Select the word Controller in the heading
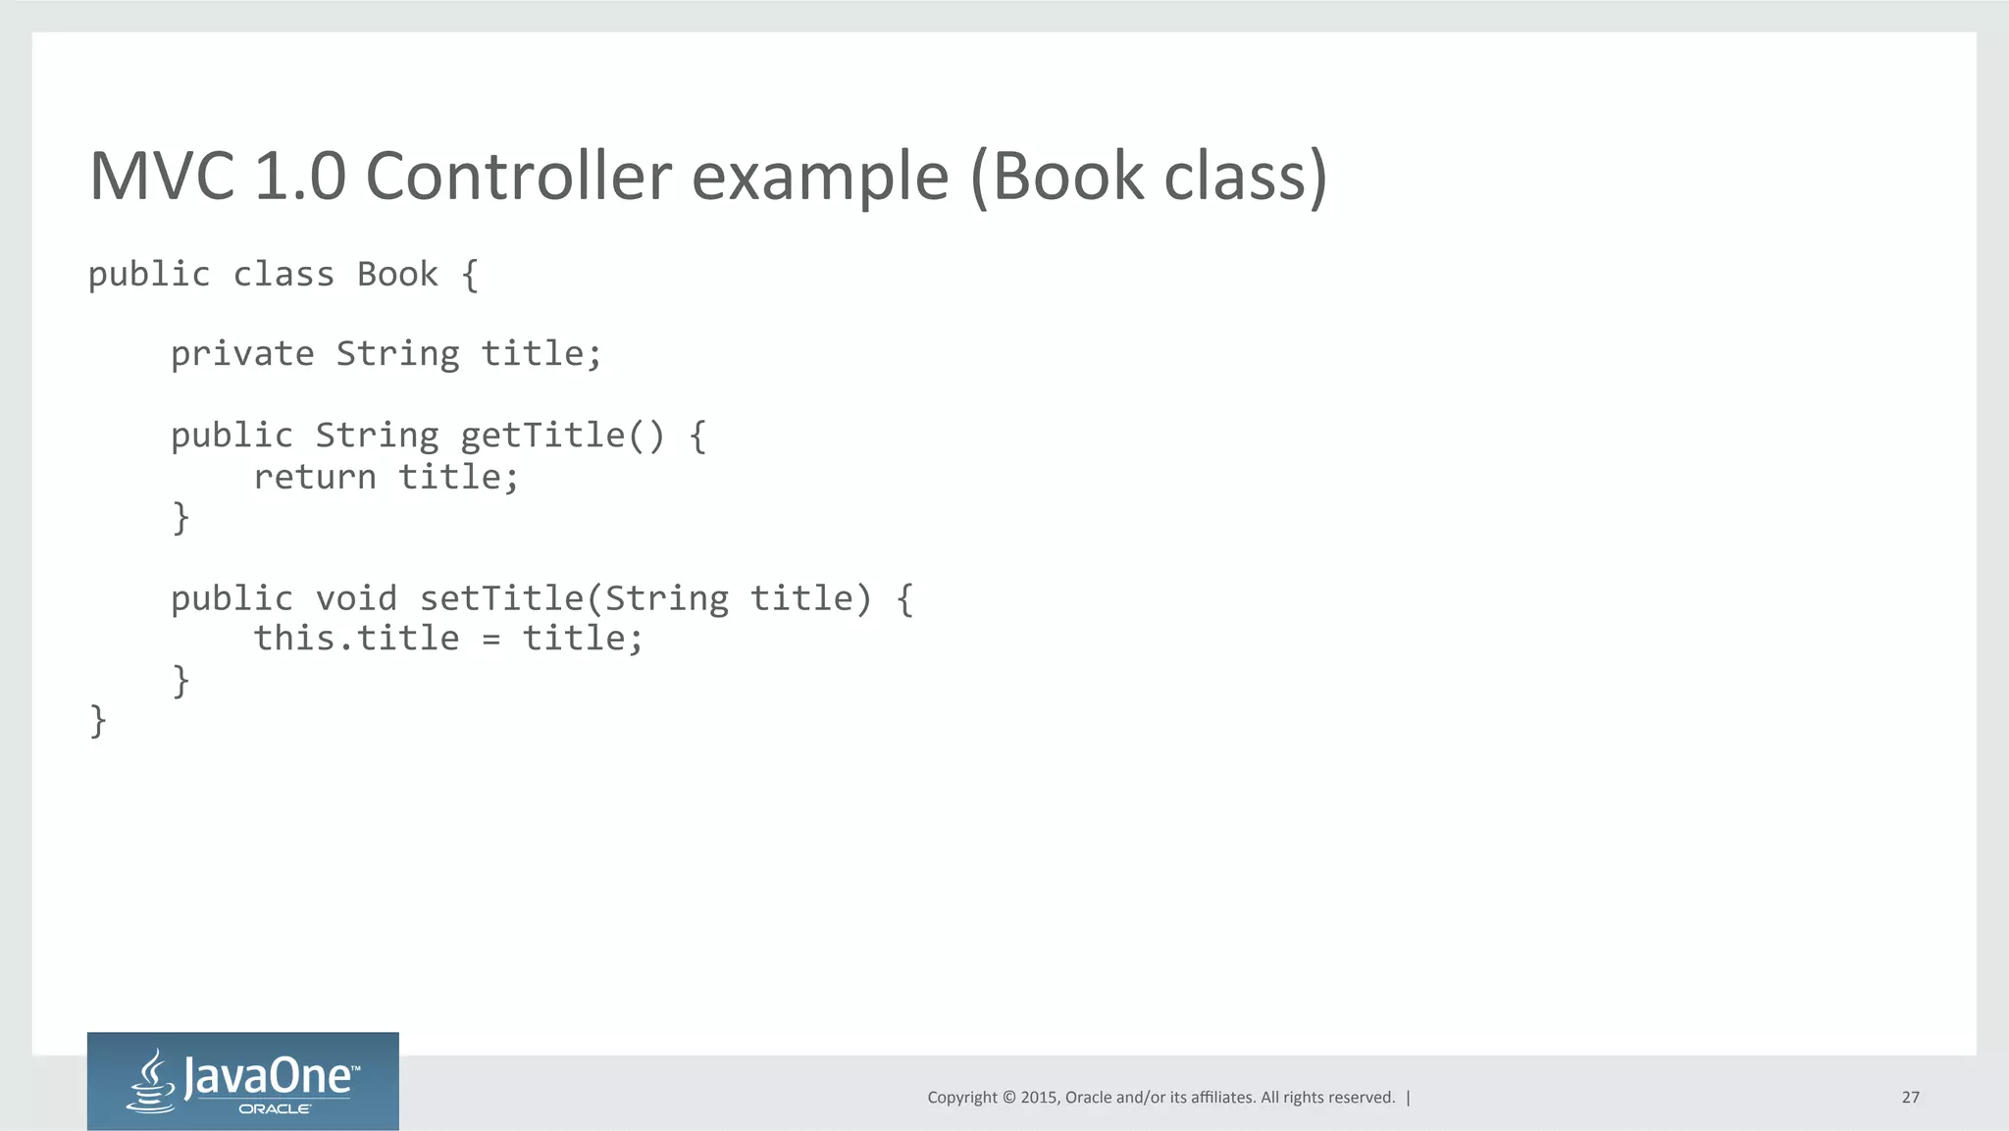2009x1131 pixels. coord(518,177)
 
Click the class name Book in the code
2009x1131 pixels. coord(397,275)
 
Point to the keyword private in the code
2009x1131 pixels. coord(242,354)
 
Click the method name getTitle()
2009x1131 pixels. coord(562,436)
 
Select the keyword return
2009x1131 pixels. coord(315,478)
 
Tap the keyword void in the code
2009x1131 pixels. coord(356,598)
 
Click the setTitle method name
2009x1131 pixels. coord(501,598)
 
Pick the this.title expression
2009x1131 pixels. coord(356,639)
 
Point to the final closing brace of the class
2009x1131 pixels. coord(98,721)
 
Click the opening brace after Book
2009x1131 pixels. coord(470,276)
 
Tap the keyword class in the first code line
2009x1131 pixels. coord(283,275)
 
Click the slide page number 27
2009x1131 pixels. coord(1910,1098)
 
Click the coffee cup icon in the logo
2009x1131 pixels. coord(152,1081)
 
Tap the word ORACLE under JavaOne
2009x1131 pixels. coord(275,1109)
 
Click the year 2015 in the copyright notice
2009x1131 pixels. coord(1039,1098)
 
